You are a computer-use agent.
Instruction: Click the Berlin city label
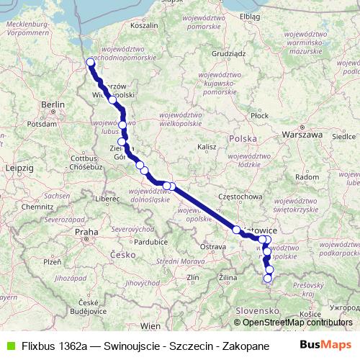coord(53,105)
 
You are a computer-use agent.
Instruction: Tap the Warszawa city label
coord(302,134)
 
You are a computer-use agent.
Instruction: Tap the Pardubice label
coord(135,242)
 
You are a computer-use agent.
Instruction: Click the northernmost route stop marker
coord(91,62)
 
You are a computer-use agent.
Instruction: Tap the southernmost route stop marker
coord(269,278)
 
